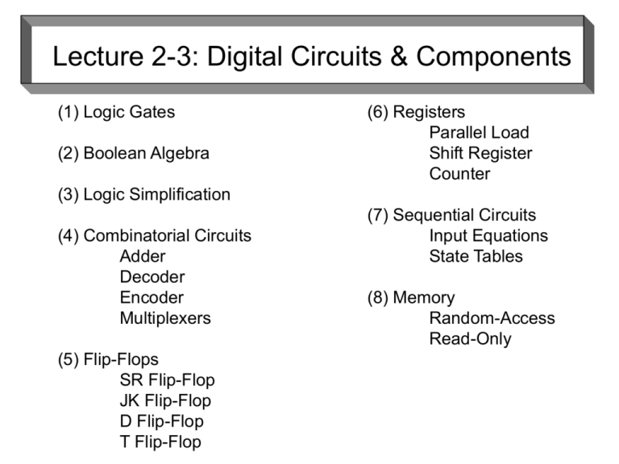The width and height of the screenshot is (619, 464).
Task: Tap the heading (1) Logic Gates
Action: click(116, 112)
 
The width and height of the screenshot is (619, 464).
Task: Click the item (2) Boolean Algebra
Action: click(133, 153)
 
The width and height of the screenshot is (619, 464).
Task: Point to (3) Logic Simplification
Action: click(143, 194)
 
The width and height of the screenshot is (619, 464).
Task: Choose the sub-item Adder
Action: click(143, 256)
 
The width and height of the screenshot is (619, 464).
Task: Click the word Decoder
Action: click(152, 277)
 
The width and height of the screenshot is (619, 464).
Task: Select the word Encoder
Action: click(152, 297)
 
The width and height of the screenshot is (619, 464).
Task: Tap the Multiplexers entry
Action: click(165, 318)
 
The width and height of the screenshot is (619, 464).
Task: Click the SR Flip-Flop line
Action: click(168, 379)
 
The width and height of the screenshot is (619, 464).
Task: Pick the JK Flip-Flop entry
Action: click(165, 400)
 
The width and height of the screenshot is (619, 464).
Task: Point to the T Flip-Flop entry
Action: click(160, 441)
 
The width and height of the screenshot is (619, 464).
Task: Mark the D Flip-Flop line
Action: click(162, 420)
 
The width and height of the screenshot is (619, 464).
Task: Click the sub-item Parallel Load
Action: click(480, 133)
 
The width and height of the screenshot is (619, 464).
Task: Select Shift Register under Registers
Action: click(481, 153)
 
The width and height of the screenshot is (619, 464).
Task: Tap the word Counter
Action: click(459, 174)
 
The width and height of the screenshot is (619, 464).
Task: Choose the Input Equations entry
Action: click(488, 236)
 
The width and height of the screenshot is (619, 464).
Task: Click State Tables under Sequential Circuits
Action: click(476, 256)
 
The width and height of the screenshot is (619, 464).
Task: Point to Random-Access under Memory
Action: click(492, 318)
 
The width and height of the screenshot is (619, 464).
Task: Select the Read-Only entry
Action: click(471, 338)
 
